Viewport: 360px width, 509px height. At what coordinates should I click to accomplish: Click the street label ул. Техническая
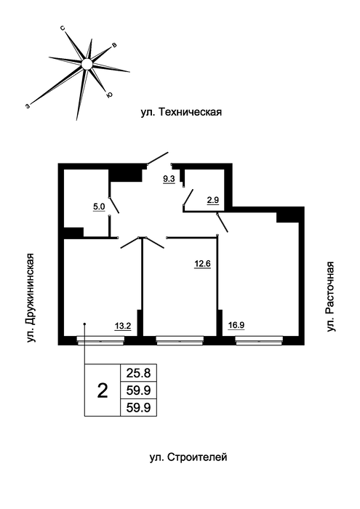[x=181, y=112]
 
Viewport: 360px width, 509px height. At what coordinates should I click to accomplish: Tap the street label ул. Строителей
[x=188, y=457]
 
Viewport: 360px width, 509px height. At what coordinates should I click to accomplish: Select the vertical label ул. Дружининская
[x=31, y=297]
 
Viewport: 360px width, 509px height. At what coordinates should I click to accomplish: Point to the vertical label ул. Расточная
[x=330, y=297]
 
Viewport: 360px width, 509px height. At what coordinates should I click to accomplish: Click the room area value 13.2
[x=123, y=326]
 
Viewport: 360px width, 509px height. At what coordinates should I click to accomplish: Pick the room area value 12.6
[x=203, y=264]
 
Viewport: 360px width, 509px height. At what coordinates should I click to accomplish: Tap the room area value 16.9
[x=236, y=325]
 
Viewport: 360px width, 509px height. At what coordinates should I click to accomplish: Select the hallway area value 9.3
[x=169, y=179]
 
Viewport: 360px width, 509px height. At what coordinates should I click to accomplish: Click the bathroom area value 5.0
[x=99, y=207]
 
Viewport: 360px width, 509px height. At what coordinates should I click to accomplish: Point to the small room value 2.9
[x=213, y=200]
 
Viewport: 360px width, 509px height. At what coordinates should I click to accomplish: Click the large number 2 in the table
[x=103, y=390]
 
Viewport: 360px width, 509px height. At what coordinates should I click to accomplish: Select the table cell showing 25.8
[x=139, y=373]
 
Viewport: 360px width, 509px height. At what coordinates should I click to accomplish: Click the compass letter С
[x=63, y=28]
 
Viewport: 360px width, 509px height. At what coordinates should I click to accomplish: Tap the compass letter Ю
[x=110, y=95]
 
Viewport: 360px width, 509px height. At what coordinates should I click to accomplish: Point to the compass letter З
[x=28, y=105]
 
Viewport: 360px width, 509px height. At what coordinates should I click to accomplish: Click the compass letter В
[x=114, y=45]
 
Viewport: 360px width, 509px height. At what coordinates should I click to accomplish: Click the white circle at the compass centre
[x=87, y=64]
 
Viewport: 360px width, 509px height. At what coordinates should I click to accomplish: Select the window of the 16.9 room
[x=259, y=341]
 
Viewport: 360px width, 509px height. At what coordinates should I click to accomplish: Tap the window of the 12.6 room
[x=180, y=341]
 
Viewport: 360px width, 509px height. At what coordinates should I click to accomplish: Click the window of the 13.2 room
[x=100, y=341]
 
